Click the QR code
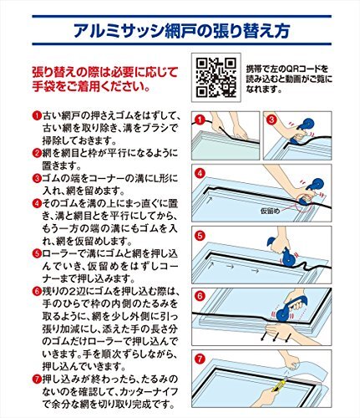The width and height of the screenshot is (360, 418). click(216, 77)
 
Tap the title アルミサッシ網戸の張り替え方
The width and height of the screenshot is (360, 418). click(181, 31)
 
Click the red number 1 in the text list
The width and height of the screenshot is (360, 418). click(37, 115)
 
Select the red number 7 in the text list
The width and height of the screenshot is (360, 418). click(37, 380)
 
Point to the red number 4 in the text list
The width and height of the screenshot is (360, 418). click(37, 203)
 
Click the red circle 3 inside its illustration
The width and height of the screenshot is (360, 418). click(271, 120)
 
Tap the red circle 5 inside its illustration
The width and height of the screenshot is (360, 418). click(200, 236)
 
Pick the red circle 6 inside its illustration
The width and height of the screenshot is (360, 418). click(200, 296)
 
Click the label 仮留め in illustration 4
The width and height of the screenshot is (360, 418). click(270, 211)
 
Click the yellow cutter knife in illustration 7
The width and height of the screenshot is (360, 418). click(280, 383)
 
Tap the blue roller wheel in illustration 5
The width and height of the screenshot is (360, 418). click(288, 258)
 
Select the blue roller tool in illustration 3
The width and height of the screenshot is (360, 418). click(302, 131)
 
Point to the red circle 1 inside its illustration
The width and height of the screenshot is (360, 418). click(200, 120)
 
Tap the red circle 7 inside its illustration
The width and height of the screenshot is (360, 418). click(200, 359)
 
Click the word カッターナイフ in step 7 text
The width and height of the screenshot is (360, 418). click(149, 391)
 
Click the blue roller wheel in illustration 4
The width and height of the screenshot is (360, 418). click(317, 186)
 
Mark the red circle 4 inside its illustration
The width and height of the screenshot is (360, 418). click(200, 173)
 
